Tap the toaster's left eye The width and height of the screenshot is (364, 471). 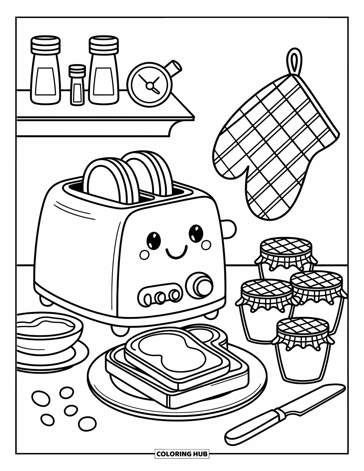pos(153,240)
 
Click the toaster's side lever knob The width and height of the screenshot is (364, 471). pos(230,228)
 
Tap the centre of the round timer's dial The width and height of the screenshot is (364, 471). pos(149,84)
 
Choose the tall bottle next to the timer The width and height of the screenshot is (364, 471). pos(104,71)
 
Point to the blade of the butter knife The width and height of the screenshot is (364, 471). pos(314,398)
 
